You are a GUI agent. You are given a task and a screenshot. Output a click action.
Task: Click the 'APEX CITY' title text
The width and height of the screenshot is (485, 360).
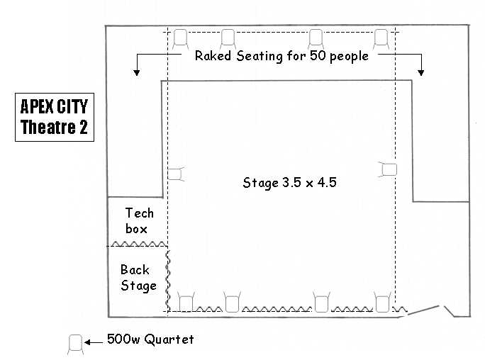(54, 106)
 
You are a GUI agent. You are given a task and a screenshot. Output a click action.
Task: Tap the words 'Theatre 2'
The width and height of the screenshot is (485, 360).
(54, 127)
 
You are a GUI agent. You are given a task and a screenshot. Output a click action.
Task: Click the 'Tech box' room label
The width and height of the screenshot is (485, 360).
(139, 221)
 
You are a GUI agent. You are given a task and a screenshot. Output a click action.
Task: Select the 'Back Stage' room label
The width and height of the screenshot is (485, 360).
(138, 278)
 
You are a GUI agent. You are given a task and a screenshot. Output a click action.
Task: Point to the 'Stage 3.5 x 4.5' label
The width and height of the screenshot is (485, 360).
(289, 183)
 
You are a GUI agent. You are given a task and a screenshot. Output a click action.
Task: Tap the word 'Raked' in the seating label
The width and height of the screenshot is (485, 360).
(213, 56)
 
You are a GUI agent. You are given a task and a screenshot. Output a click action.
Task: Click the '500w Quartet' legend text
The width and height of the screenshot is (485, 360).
(150, 339)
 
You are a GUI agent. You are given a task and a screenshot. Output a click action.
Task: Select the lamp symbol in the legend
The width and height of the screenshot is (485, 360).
(75, 344)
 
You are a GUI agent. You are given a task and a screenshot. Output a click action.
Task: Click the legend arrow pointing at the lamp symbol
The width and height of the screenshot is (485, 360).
(94, 342)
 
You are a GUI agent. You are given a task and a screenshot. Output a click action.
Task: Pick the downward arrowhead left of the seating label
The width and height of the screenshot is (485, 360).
(136, 73)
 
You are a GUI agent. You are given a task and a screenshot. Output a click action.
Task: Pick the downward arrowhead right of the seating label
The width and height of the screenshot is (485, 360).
(420, 73)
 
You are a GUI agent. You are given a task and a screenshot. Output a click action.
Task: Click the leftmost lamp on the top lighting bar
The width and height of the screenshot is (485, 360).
(180, 39)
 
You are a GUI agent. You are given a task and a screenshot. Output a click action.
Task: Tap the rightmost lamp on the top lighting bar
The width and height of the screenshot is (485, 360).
(381, 39)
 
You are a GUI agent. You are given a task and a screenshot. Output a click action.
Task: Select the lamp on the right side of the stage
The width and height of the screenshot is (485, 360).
(388, 169)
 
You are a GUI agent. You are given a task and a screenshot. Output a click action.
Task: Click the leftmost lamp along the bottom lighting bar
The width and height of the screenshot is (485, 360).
(186, 302)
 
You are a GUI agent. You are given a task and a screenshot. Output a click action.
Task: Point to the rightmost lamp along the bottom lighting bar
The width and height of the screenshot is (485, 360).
(382, 302)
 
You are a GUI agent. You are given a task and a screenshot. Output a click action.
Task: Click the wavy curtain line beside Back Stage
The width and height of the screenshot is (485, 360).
(168, 281)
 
